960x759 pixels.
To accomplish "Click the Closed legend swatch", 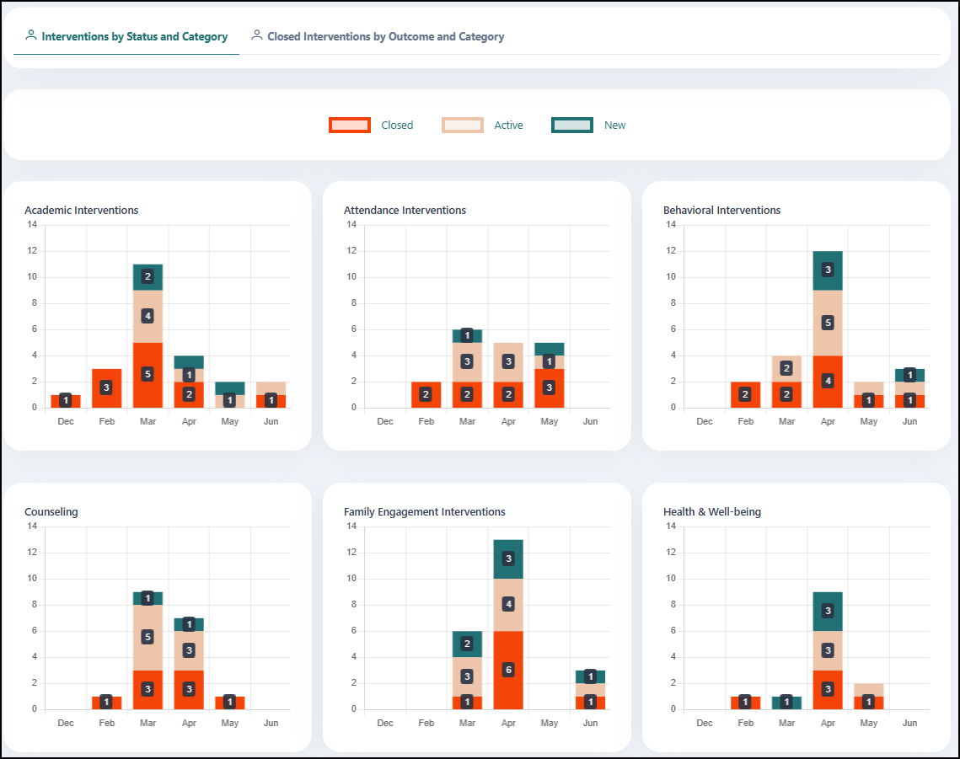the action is [x=350, y=125].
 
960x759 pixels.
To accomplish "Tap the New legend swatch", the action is [x=571, y=125].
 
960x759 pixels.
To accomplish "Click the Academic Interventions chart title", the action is [x=82, y=210].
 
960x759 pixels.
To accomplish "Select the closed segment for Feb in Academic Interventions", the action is [x=106, y=388].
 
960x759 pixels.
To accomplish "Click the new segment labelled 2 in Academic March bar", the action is [x=147, y=276].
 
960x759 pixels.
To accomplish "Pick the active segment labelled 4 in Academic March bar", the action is [x=147, y=317].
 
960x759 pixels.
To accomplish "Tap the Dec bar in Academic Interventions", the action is [x=66, y=401].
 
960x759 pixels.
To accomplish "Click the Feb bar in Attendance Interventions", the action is [x=426, y=395].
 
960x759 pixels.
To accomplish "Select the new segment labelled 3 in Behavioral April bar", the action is [x=828, y=270].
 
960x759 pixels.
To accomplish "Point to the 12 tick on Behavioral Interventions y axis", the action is [x=671, y=250].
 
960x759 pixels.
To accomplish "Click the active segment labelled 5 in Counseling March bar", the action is [x=147, y=637].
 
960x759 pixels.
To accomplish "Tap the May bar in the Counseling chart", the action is [x=229, y=703].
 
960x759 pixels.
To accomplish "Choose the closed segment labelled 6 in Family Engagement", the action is [x=508, y=671].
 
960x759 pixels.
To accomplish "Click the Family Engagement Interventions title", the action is [x=424, y=511].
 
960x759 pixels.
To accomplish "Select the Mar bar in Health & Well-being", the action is [x=786, y=703].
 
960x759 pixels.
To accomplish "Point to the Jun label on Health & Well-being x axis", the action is [x=909, y=723].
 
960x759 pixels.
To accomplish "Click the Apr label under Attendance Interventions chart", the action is [x=508, y=421].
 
